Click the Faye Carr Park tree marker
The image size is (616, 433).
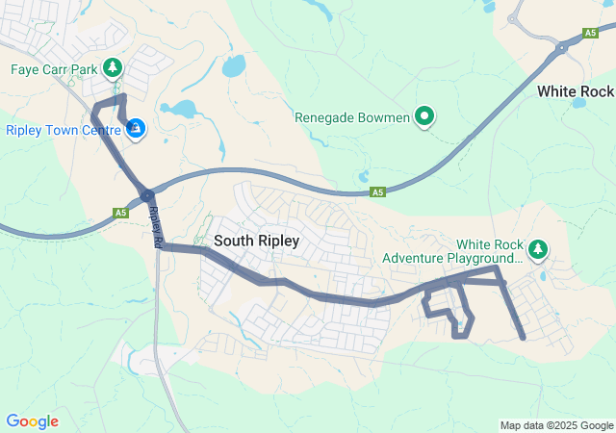click(114, 67)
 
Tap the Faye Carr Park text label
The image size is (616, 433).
click(54, 69)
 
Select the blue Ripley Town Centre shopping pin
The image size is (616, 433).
click(137, 128)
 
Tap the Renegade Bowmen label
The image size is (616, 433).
click(352, 118)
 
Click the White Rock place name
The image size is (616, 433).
click(576, 91)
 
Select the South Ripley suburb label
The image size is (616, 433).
click(257, 241)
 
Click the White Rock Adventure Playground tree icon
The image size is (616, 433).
click(538, 250)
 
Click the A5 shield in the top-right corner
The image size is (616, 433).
click(591, 34)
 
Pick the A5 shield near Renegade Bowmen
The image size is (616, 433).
click(378, 192)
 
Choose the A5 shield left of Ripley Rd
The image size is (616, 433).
click(120, 213)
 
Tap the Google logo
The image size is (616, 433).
click(32, 421)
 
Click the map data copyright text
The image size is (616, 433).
click(556, 425)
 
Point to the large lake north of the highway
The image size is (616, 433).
click(233, 66)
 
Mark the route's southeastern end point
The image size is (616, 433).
click(522, 338)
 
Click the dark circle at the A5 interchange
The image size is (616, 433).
click(147, 196)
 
